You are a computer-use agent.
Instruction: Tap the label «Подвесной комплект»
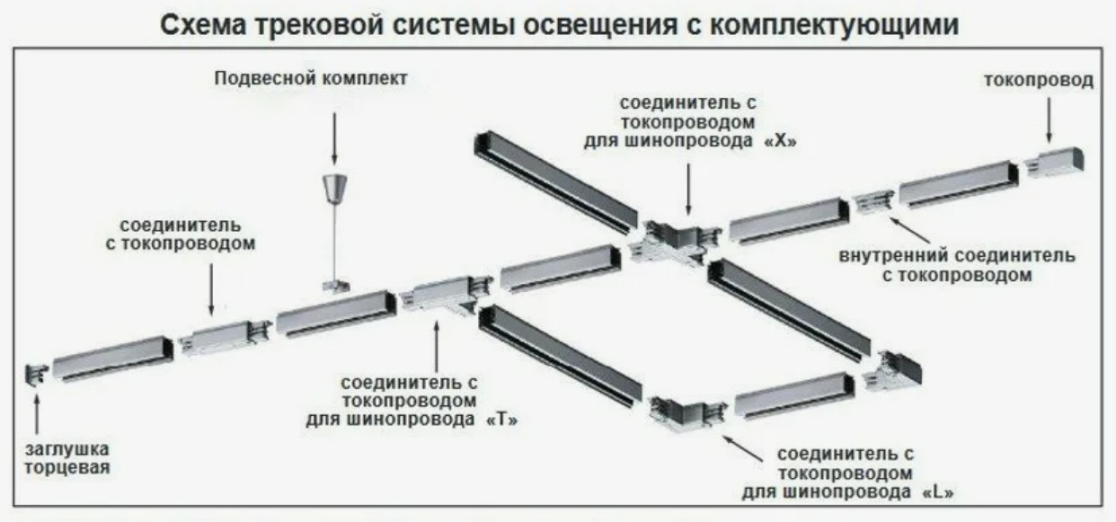[311, 79]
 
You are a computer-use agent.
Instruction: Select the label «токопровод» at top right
[1039, 81]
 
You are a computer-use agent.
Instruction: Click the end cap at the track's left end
[36, 375]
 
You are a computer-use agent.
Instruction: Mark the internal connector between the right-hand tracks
[872, 202]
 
